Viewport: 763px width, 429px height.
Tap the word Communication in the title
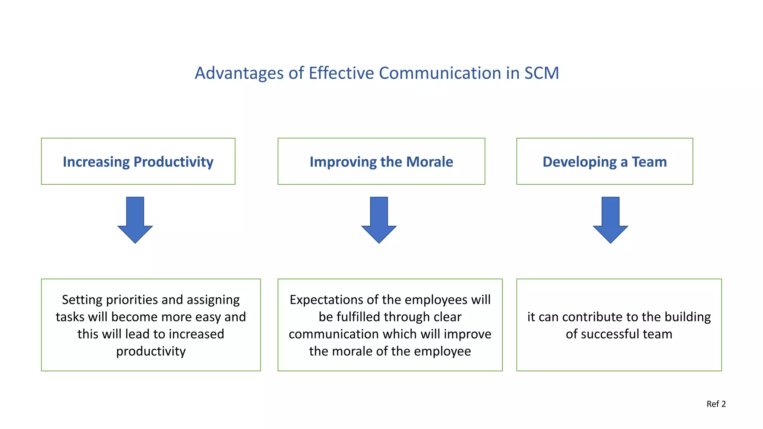pyautogui.click(x=440, y=73)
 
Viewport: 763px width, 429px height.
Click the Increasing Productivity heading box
pyautogui.click(x=138, y=161)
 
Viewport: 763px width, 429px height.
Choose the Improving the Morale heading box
pyautogui.click(x=381, y=161)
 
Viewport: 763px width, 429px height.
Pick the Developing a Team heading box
pyautogui.click(x=604, y=161)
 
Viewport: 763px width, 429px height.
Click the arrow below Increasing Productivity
pyautogui.click(x=135, y=220)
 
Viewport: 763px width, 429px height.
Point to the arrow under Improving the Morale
pyautogui.click(x=379, y=220)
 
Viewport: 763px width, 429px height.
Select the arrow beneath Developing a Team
pyautogui.click(x=610, y=220)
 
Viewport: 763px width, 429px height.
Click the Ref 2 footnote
pyautogui.click(x=716, y=404)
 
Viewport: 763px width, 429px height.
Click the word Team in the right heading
pyautogui.click(x=649, y=162)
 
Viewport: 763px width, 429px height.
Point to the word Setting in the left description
pyautogui.click(x=82, y=300)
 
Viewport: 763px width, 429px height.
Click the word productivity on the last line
pyautogui.click(x=151, y=351)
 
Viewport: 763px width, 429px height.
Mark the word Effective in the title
pyautogui.click(x=341, y=73)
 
